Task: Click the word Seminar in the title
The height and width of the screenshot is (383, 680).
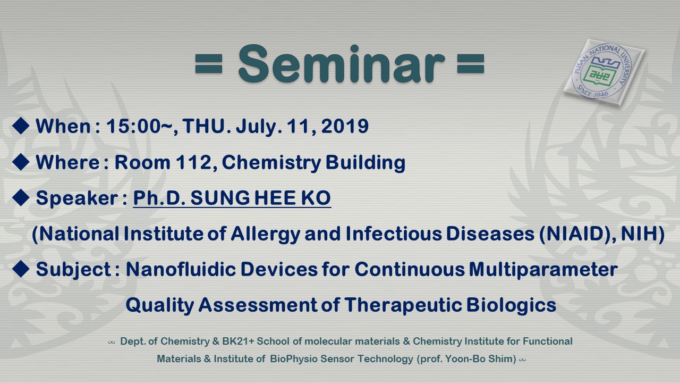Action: pos(342,63)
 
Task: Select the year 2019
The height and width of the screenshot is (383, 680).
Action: pos(345,126)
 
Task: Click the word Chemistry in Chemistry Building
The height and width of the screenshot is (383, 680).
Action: pos(271,163)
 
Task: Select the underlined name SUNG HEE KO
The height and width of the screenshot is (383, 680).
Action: pos(260,198)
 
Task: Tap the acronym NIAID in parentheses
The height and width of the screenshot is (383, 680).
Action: pos(573,234)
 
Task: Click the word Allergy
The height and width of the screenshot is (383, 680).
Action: pos(266,235)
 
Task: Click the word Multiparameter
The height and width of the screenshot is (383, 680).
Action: pos(543,270)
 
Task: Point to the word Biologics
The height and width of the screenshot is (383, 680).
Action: pos(511,305)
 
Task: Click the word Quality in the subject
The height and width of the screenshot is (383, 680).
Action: pos(160,305)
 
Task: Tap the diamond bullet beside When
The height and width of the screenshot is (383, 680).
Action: pos(21,126)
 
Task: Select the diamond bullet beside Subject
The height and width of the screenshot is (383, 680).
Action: pos(21,269)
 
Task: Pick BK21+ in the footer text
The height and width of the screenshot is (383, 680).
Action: pos(238,342)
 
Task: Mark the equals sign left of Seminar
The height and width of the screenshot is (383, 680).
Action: pos(209,63)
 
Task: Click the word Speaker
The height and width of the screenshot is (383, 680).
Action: pos(77,198)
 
